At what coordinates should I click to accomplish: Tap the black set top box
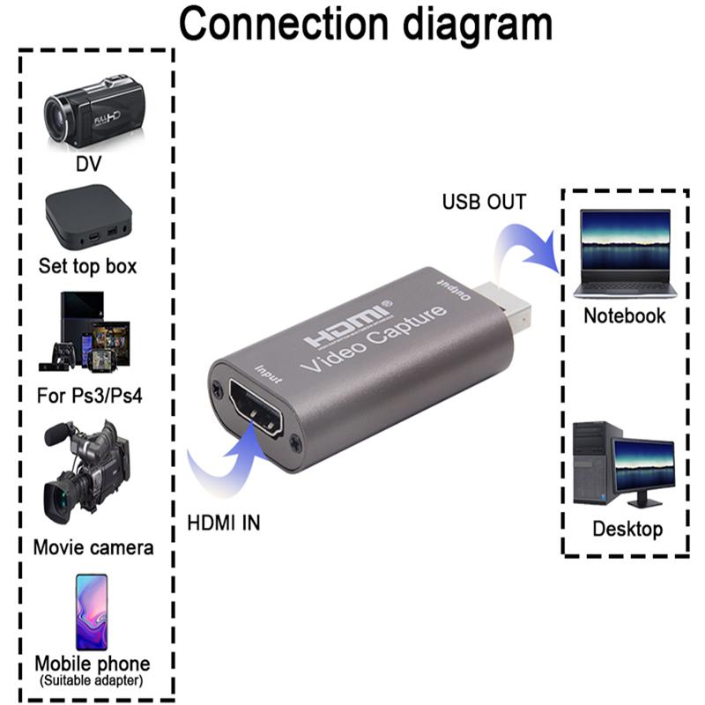pos(88,216)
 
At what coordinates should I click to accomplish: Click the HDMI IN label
pos(224,523)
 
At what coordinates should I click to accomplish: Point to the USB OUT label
pos(484,202)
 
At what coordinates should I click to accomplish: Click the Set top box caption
pos(88,265)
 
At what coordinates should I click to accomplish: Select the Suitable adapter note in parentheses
pos(92,680)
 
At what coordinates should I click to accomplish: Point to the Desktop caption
pos(627,529)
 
